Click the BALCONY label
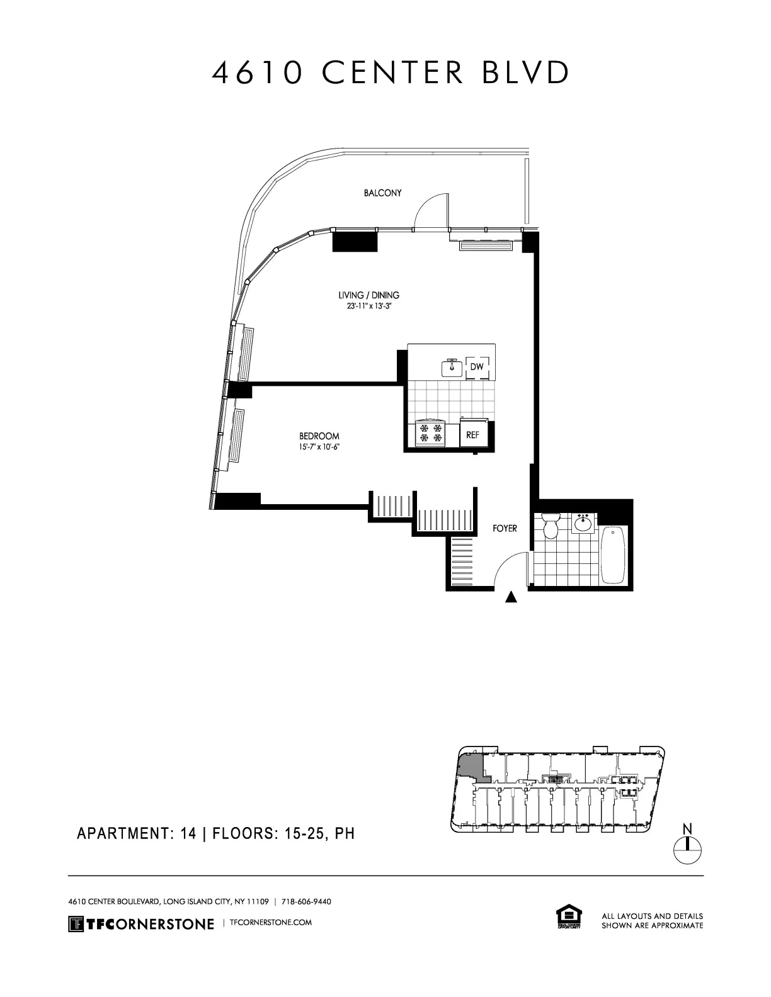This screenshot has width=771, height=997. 382,193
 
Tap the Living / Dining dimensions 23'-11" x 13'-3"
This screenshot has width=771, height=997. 370,306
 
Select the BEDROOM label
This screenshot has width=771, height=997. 319,436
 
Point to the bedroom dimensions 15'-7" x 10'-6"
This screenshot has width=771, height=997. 319,448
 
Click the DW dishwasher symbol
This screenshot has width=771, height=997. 477,367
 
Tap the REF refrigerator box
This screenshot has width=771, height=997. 472,435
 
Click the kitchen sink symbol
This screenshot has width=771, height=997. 452,368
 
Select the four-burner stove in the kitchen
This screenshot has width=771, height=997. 430,433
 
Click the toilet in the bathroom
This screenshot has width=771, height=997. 551,526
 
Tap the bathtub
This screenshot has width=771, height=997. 613,555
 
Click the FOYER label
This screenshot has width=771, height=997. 505,529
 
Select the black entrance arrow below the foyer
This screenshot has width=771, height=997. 511,597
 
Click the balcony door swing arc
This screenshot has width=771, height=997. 430,209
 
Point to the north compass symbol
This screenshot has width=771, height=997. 688,845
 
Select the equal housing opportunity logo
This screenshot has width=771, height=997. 568,917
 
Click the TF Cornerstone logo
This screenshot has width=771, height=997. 141,924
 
